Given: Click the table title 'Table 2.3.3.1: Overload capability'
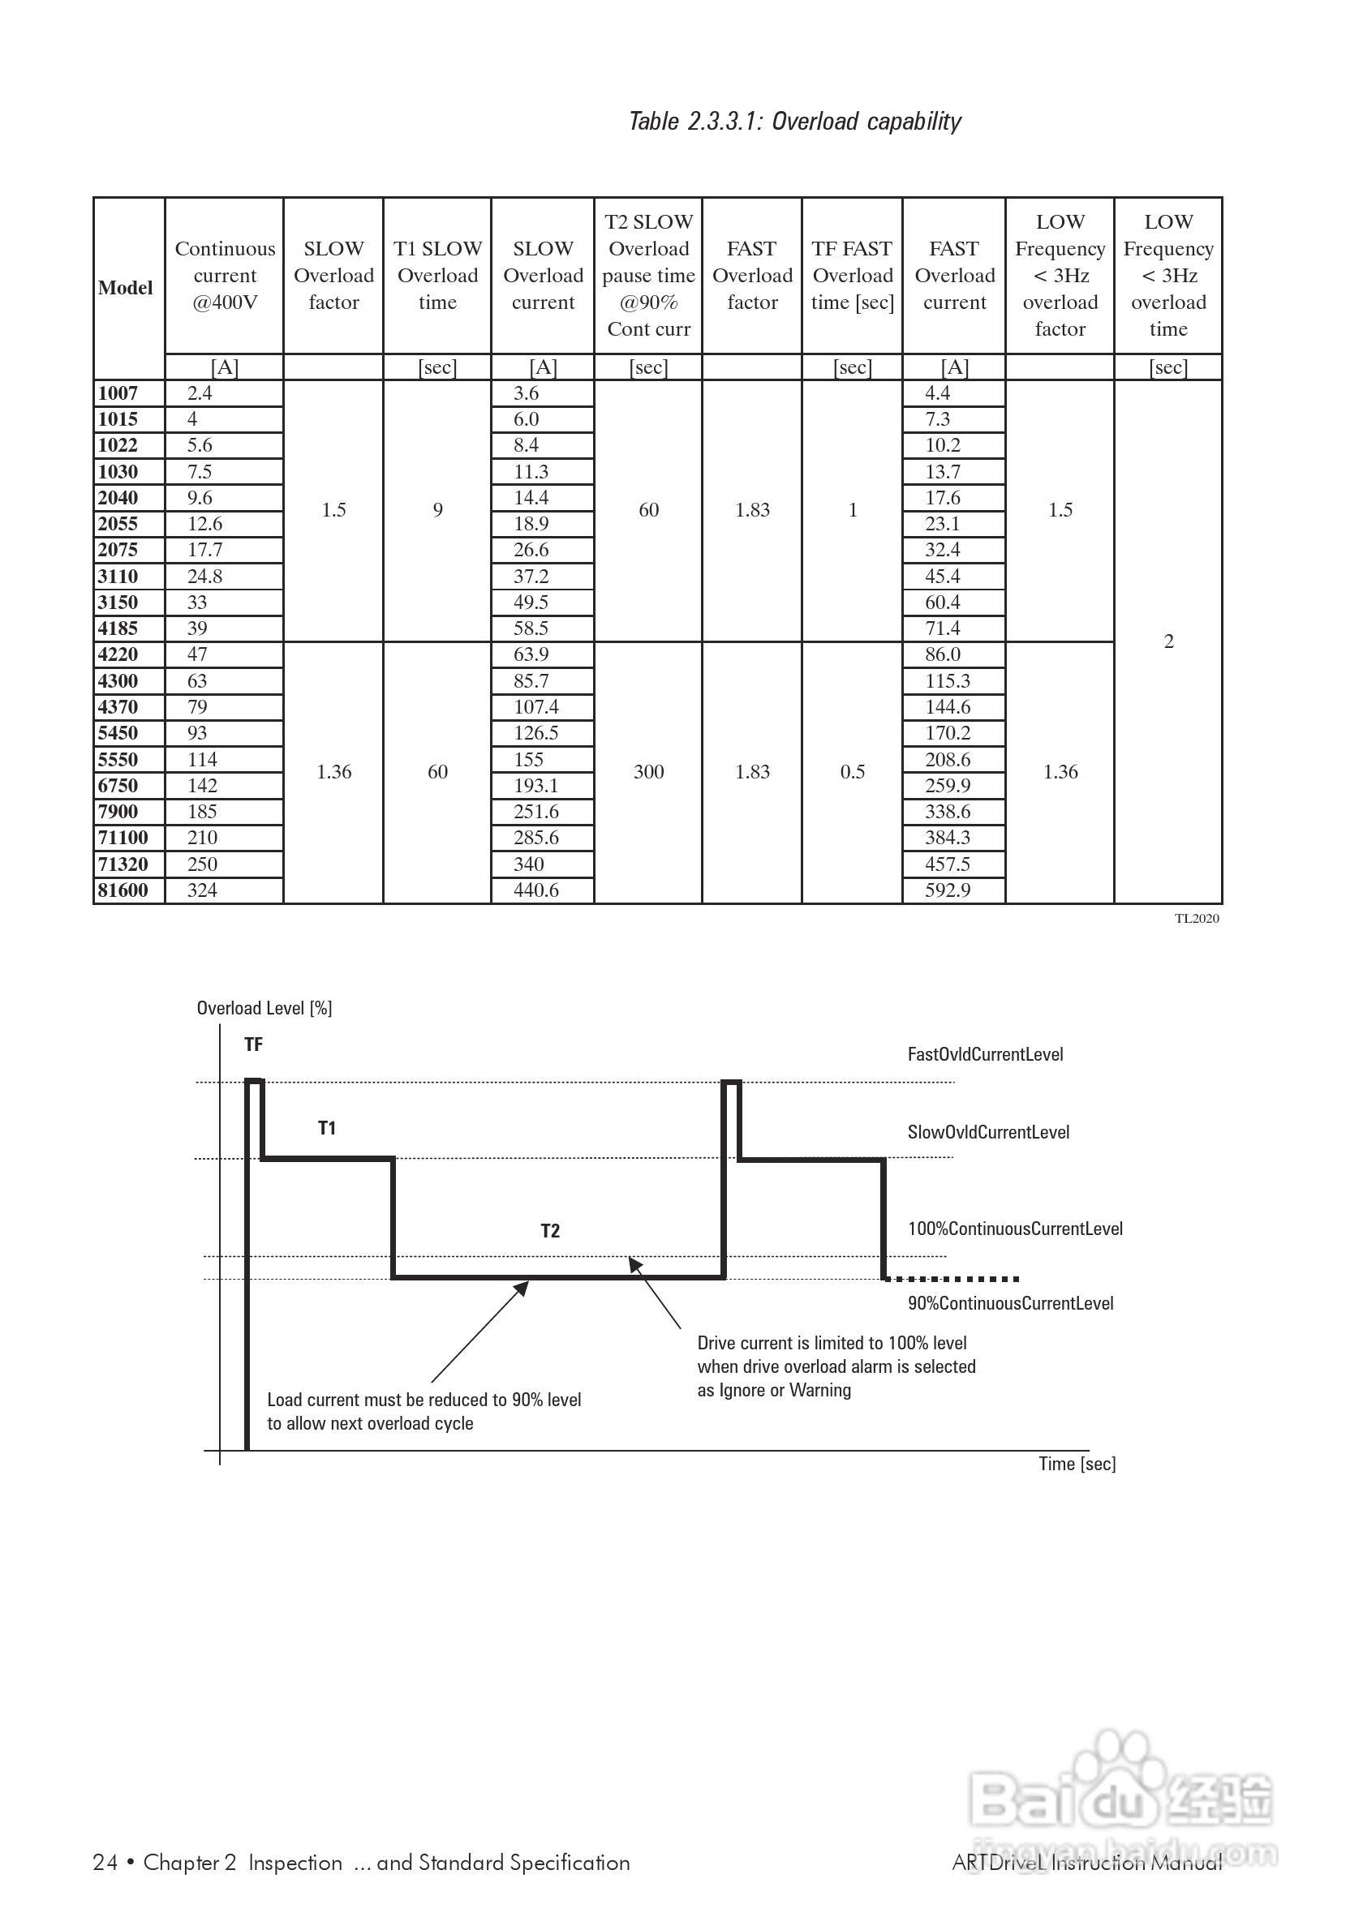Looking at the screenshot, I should click(794, 122).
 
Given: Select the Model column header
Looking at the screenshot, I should click(125, 288).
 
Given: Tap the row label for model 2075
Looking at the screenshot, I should click(118, 550).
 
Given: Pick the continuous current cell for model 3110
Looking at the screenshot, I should click(205, 577).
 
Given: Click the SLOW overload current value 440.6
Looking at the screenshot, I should click(536, 890).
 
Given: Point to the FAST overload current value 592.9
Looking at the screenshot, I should click(948, 890).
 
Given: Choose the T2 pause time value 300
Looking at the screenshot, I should click(648, 772).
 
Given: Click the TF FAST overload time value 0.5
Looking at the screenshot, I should click(852, 772).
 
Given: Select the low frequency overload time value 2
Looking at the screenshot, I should click(1168, 641).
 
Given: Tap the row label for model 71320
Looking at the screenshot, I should click(123, 864).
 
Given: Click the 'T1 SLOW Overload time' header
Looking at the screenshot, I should click(437, 276).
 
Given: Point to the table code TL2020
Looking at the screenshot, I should click(1197, 919).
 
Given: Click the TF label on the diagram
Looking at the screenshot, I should click(253, 1044).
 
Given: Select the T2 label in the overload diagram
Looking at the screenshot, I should click(550, 1232).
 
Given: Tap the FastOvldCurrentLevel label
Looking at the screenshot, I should click(985, 1055).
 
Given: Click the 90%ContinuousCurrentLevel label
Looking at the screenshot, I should click(1010, 1304).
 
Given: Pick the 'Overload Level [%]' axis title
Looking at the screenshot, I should click(264, 1009).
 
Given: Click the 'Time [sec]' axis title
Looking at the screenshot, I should click(1077, 1465).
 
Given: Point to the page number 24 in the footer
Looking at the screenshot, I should click(105, 1863).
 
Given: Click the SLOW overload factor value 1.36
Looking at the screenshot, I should click(333, 772).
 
